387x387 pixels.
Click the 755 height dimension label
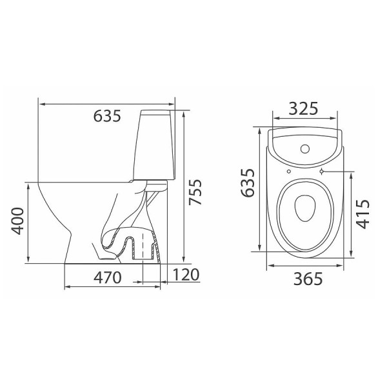click(x=195, y=192)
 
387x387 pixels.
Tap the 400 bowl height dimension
click(x=17, y=221)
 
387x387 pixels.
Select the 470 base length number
click(x=108, y=277)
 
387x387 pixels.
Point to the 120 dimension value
click(x=186, y=275)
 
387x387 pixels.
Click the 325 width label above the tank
click(x=303, y=108)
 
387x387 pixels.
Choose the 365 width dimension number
click(x=308, y=279)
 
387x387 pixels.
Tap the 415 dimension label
click(x=362, y=214)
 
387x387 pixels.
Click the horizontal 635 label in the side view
click(x=107, y=115)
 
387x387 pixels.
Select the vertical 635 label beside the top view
click(x=247, y=183)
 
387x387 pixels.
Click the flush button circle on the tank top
click(x=305, y=149)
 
